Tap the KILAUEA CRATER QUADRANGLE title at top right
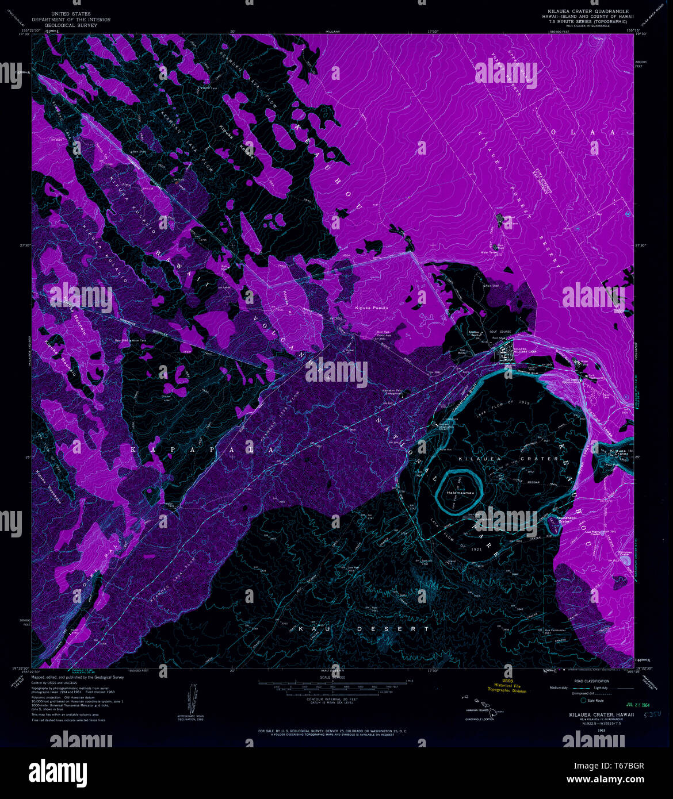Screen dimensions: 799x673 [x=588, y=11]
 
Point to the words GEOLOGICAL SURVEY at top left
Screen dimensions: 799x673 [x=71, y=25]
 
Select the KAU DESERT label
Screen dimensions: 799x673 [x=364, y=629]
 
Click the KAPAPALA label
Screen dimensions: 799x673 [x=205, y=450]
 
